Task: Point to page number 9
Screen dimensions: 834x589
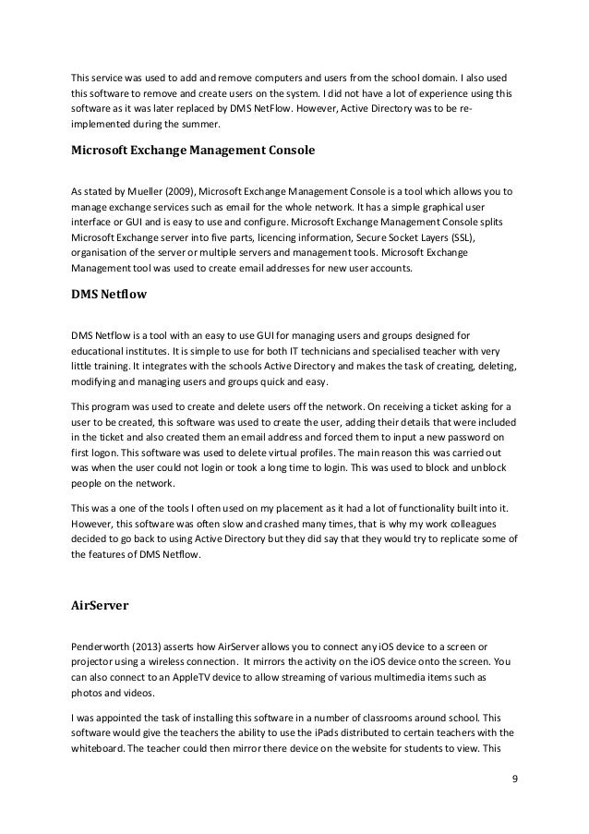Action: pos(514,788)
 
